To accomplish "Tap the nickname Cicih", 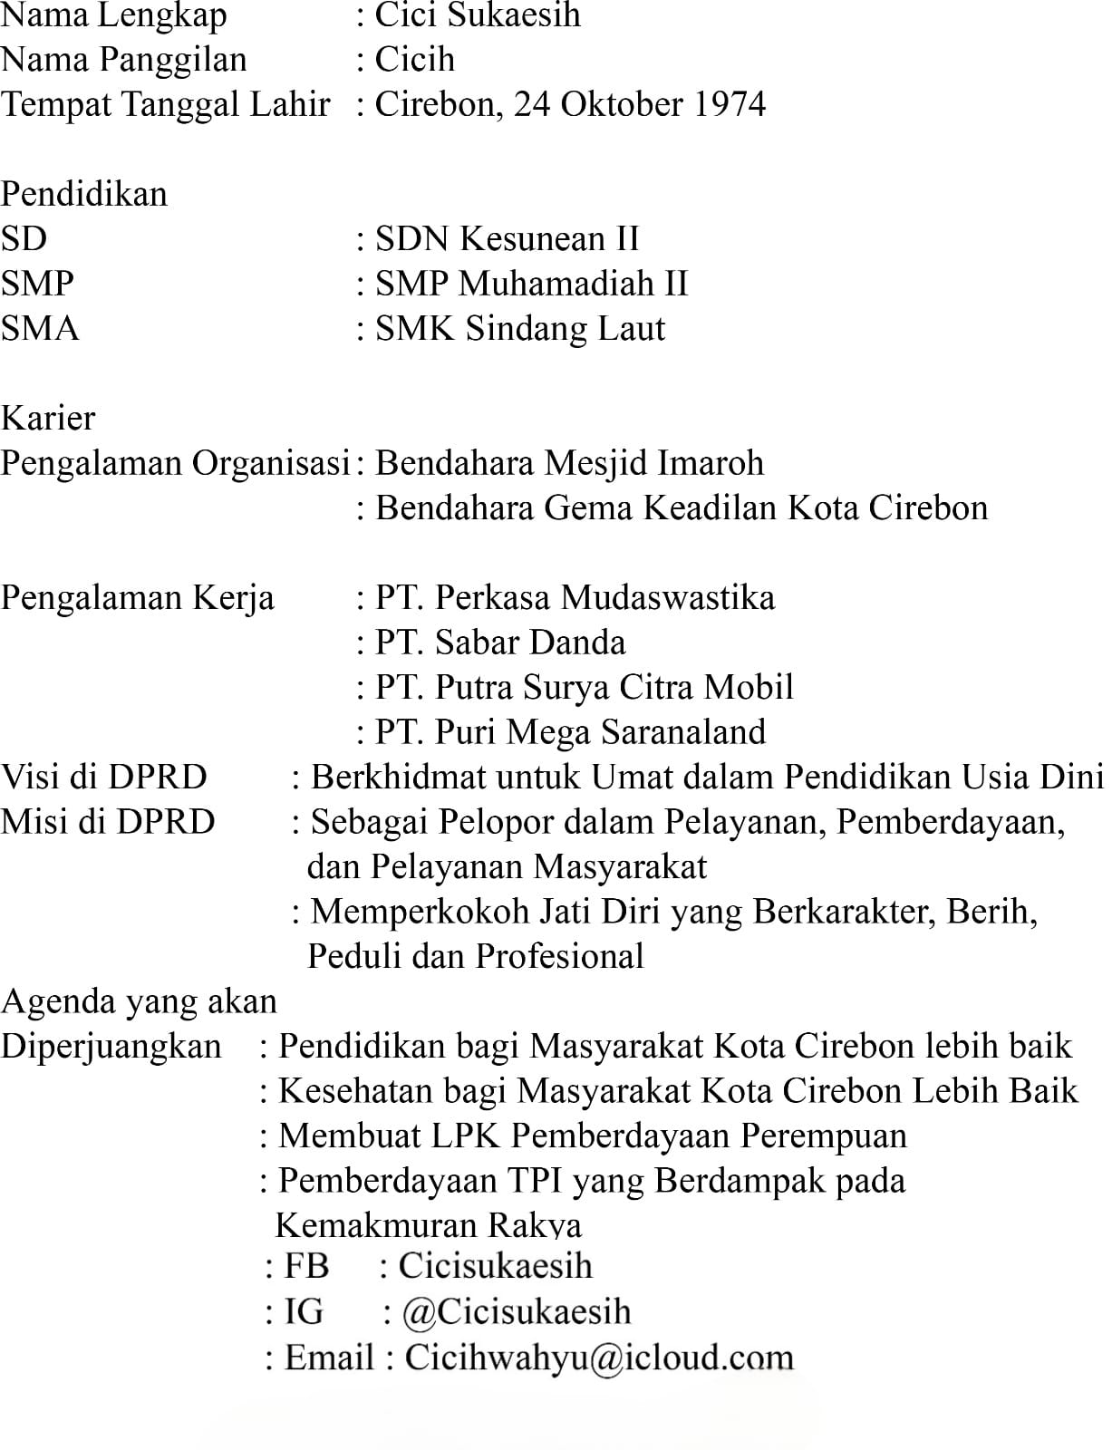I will pos(414,60).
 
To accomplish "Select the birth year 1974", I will pos(729,104).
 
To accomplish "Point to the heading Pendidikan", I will pos(83,194).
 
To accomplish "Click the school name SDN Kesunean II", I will pos(507,239).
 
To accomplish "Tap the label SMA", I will pos(40,328).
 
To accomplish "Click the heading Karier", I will pos(48,418).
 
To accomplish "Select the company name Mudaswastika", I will pos(667,598).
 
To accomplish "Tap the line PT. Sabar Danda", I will pos(500,643).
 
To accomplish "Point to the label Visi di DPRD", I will pos(104,778).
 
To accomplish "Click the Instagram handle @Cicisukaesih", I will pos(517,1312).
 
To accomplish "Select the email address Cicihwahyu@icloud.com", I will pos(598,1358).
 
